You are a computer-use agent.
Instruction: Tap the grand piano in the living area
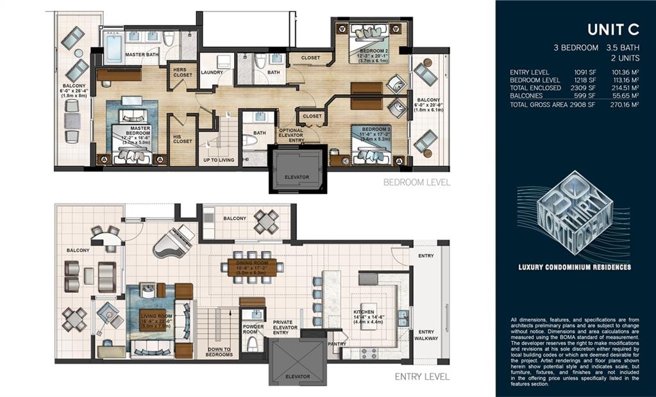coord(173,241)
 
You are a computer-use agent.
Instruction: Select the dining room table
coord(255,266)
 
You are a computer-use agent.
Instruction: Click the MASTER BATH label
coord(142,55)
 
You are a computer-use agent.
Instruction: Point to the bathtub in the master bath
coord(114,48)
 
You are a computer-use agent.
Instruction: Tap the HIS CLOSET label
coord(182,138)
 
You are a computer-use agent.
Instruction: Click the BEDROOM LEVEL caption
coord(416,182)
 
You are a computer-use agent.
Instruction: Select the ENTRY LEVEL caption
coord(421,377)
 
